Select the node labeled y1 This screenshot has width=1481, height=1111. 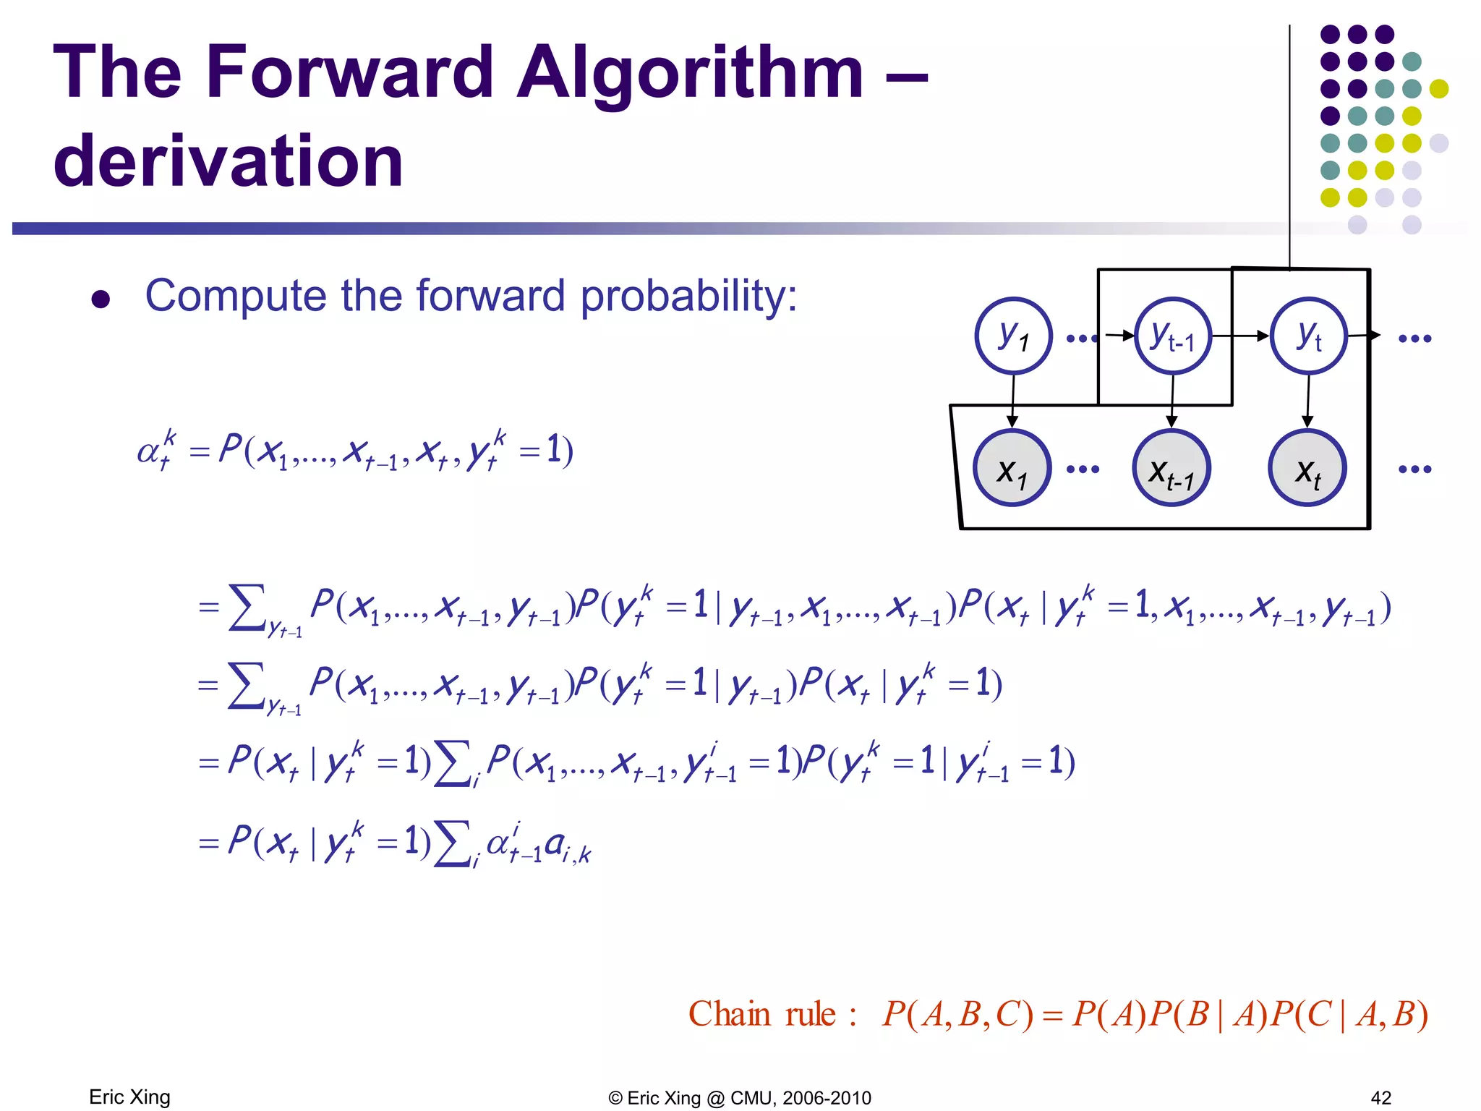tap(1012, 336)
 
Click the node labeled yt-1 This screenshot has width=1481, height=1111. tap(1172, 336)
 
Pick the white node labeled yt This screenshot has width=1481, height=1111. tap(1309, 336)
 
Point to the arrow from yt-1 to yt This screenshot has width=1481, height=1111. tap(1240, 336)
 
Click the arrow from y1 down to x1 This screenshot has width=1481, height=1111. tap(1012, 401)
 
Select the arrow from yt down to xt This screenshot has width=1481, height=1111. tap(1307, 401)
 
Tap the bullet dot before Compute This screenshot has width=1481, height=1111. tap(101, 299)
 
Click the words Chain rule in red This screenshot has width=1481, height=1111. tap(762, 1014)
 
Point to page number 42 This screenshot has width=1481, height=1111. tap(1380, 1098)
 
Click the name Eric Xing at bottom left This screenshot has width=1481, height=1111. tap(129, 1097)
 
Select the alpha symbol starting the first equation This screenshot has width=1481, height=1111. tap(149, 452)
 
